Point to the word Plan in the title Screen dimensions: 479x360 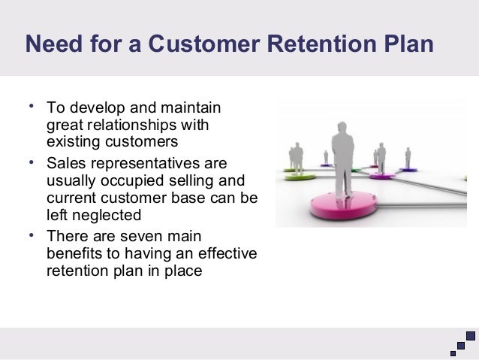[x=408, y=45]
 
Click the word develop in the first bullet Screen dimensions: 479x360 [x=93, y=107]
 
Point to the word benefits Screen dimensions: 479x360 [x=73, y=253]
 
